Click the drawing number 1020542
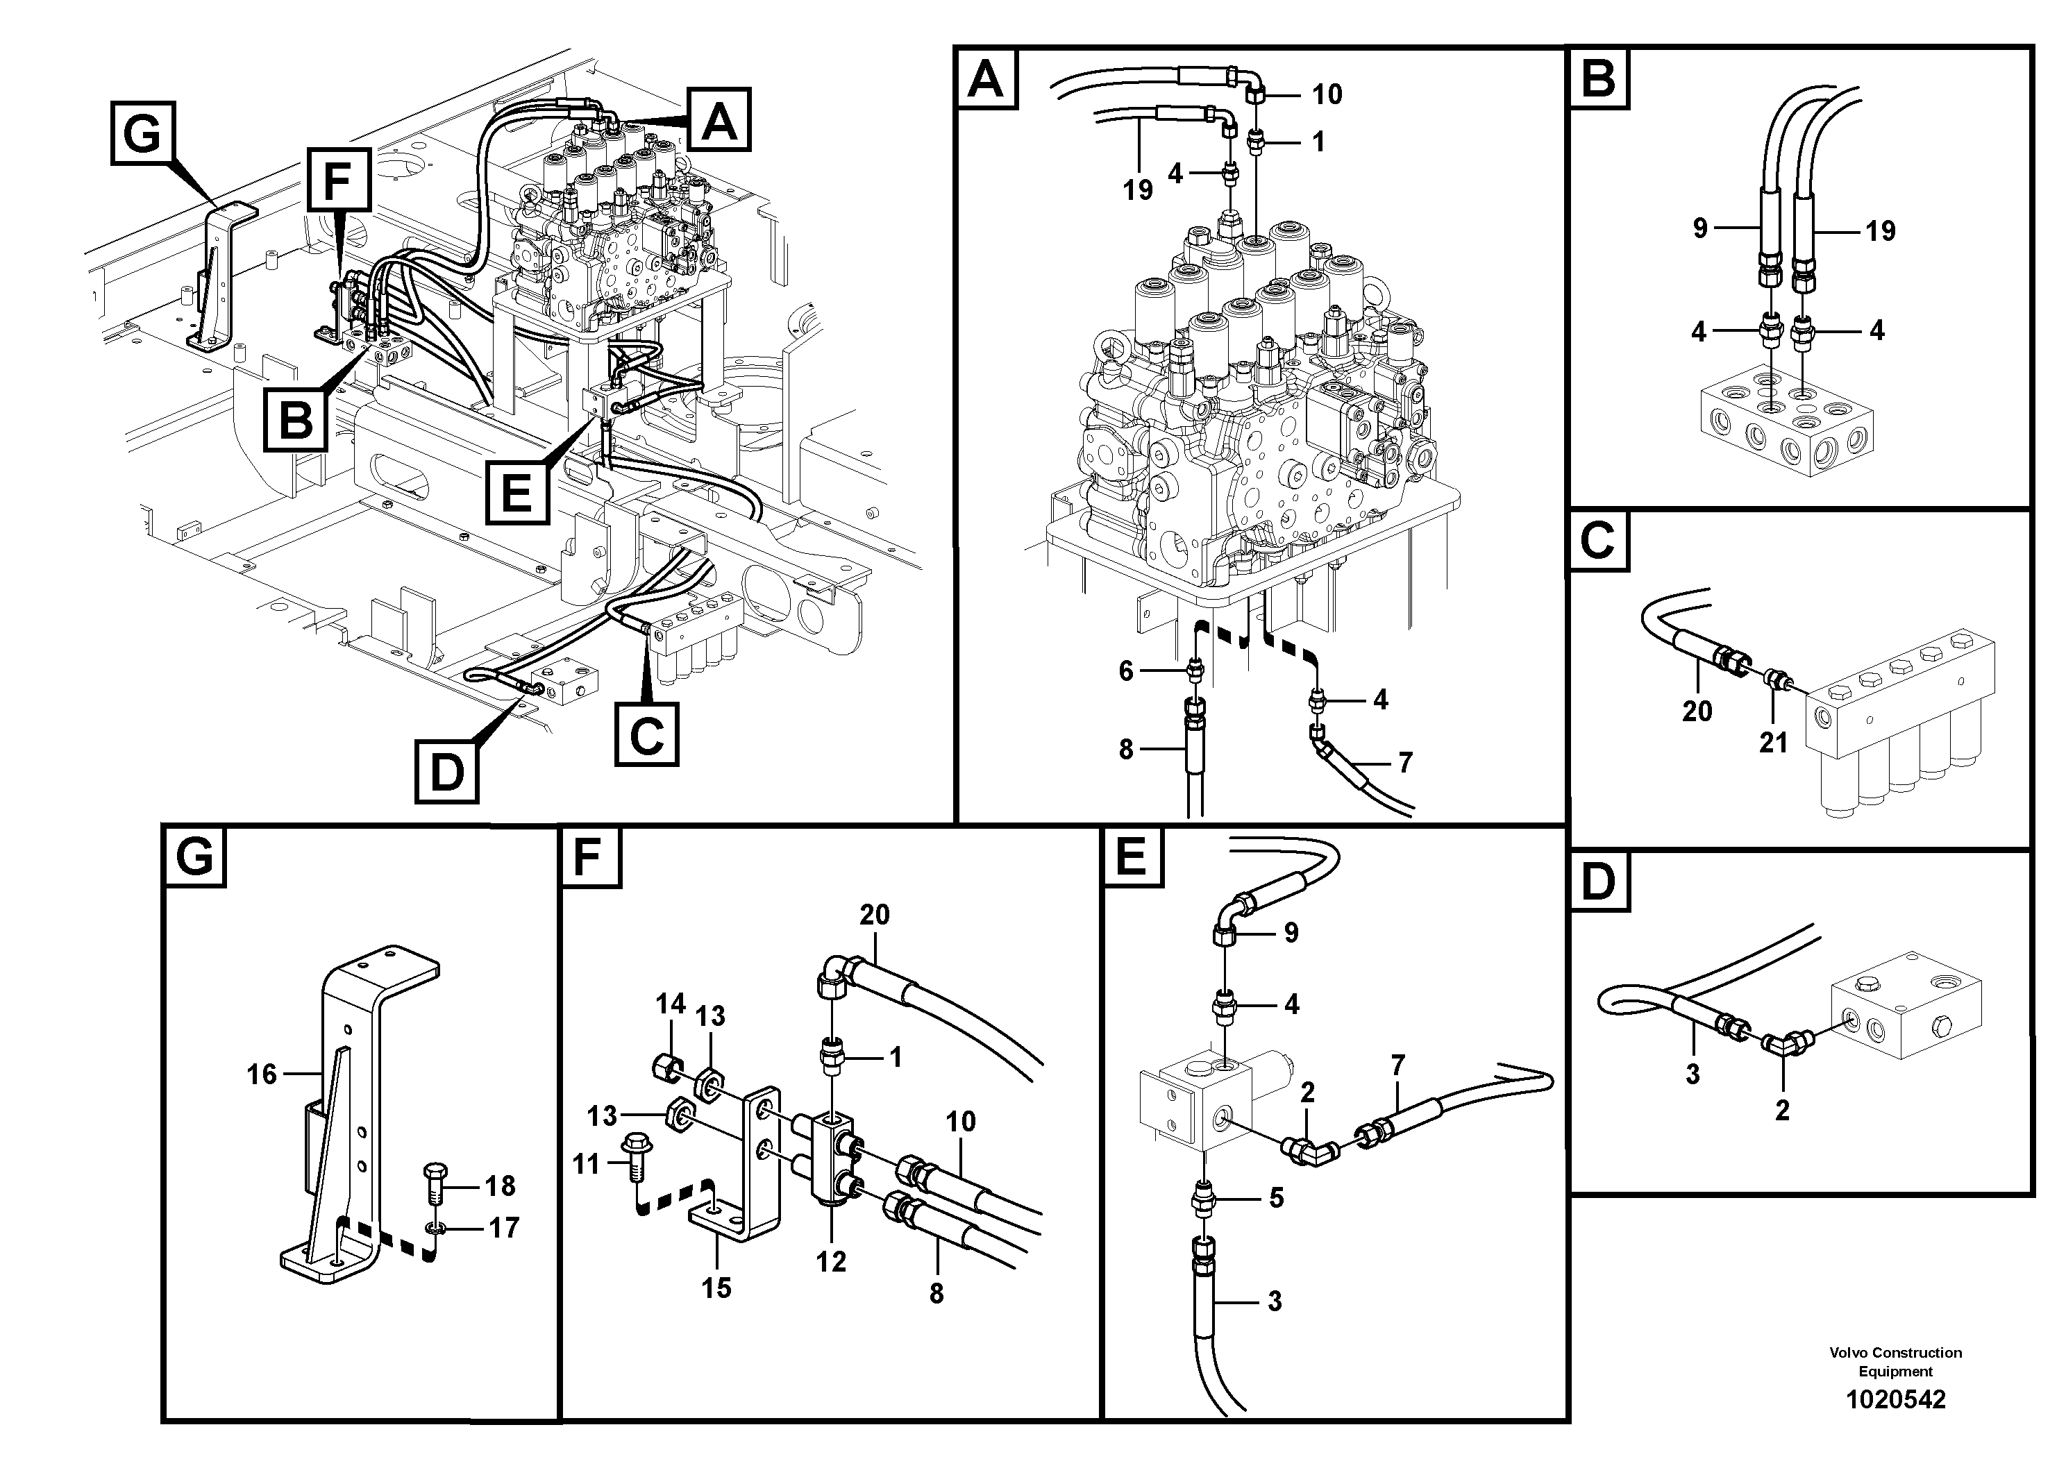click(1895, 1399)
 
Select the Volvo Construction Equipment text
click(1895, 1361)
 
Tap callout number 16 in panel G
click(262, 1074)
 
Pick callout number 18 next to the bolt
click(501, 1186)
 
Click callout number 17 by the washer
click(504, 1227)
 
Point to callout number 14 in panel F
click(671, 1004)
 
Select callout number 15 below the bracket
click(716, 1288)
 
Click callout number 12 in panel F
click(832, 1261)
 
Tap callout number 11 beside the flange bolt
click(586, 1164)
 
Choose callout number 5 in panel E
click(1276, 1198)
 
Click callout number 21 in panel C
click(1772, 743)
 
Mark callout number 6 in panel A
click(1126, 671)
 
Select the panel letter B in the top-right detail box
click(1598, 78)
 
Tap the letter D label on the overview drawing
click(446, 772)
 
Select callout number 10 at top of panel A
click(1327, 94)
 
